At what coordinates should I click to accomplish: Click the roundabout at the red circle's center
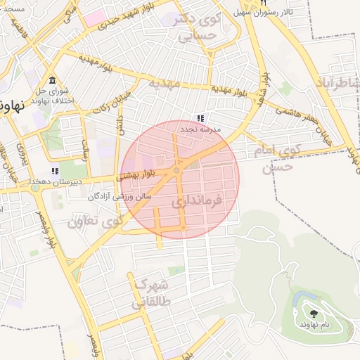[176, 170]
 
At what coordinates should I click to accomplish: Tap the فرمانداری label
[196, 202]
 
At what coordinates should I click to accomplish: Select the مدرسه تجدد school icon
[200, 118]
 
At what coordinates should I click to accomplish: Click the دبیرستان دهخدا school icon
[55, 171]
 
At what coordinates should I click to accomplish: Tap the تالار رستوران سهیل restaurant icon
[262, 3]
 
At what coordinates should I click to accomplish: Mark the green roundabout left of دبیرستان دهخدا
[34, 187]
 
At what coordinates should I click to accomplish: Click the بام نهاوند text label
[314, 324]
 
